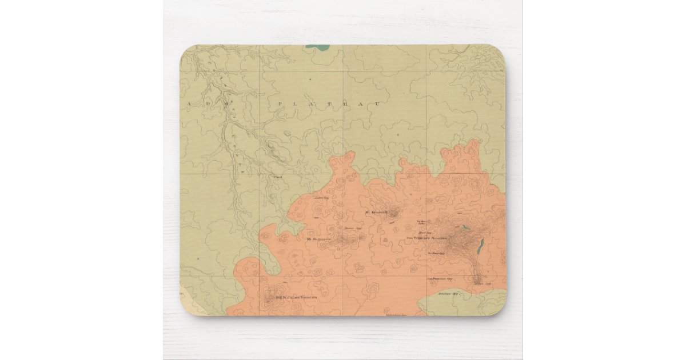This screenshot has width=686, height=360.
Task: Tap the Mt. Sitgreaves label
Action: coord(318,239)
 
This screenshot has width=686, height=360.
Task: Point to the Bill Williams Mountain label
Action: coord(297,297)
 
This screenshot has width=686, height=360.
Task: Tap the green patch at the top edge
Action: coord(320,49)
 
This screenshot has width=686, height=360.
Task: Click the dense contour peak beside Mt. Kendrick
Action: coord(394,214)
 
